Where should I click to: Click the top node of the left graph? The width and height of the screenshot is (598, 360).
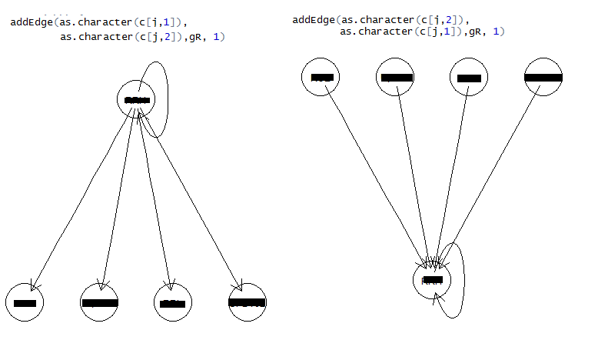[136, 100]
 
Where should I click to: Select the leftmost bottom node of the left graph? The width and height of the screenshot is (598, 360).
[25, 302]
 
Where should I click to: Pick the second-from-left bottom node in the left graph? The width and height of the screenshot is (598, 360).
[100, 302]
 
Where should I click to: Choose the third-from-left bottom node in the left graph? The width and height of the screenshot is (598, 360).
[173, 302]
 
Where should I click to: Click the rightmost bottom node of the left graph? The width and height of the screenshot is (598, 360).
[247, 302]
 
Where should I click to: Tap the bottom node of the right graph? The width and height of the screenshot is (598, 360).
[432, 280]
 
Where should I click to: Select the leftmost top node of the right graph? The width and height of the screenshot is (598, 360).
[321, 77]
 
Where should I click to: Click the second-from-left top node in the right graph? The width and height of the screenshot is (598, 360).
[396, 77]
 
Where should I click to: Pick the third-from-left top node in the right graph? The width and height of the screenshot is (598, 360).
[468, 77]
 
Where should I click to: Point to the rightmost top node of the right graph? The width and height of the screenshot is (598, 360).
[543, 77]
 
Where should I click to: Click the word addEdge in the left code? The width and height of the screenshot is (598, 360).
[30, 22]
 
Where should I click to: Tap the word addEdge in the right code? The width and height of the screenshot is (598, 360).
[313, 19]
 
